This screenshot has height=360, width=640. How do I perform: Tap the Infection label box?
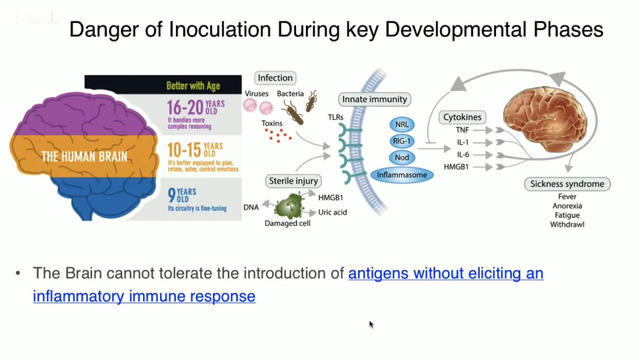coord(275,78)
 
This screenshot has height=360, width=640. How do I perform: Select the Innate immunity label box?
coord(374,99)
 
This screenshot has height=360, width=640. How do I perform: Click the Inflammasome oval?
coord(402,174)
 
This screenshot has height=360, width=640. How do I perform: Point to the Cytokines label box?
coord(462,117)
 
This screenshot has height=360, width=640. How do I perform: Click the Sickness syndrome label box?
coord(567,184)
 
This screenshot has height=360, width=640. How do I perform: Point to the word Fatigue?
coord(567,215)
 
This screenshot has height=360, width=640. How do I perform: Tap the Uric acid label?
coord(332,212)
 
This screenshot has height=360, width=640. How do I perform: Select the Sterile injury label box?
coord(294,181)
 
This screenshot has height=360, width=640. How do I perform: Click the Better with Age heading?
coord(193,85)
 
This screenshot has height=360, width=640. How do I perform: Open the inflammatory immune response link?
coord(144,296)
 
